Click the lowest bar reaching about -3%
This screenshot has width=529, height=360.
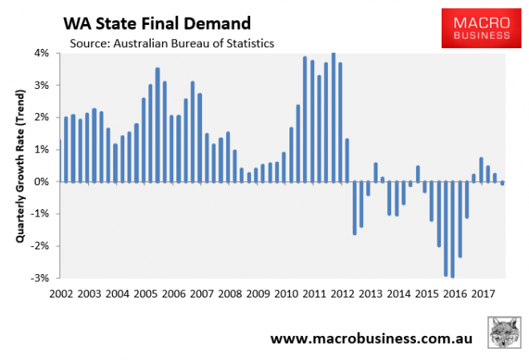click(x=453, y=229)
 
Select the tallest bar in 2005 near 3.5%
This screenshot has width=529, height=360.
click(x=157, y=125)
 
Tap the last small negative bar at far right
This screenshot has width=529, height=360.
click(x=503, y=184)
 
